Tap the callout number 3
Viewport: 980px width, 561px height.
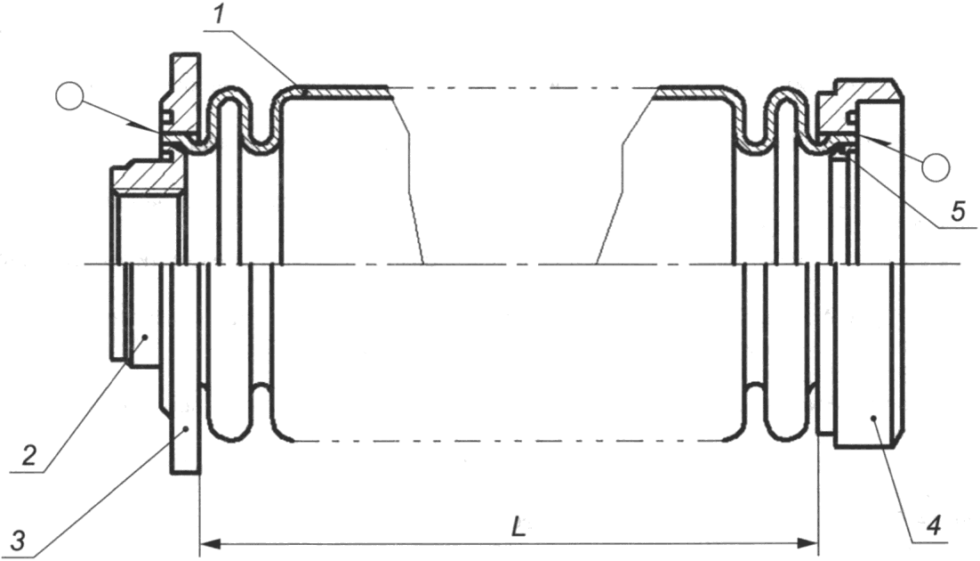tap(18, 539)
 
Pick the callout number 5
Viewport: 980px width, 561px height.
tap(958, 212)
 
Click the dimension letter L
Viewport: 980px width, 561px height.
tap(518, 527)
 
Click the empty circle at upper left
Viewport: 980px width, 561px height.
tap(69, 96)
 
